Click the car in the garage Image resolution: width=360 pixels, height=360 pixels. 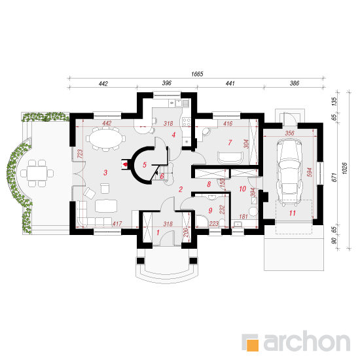pyautogui.click(x=289, y=172)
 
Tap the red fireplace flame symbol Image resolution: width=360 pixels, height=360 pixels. pyautogui.click(x=126, y=164)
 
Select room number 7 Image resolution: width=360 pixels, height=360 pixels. pyautogui.click(x=230, y=143)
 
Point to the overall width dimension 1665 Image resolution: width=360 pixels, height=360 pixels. pyautogui.click(x=197, y=74)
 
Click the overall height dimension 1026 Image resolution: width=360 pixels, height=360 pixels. pyautogui.click(x=344, y=168)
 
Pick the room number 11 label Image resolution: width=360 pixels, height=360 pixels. pyautogui.click(x=293, y=213)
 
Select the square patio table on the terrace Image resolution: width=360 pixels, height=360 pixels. pyautogui.click(x=37, y=173)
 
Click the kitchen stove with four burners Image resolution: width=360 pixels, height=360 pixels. pyautogui.click(x=187, y=122)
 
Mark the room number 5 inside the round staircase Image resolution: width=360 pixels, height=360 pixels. pyautogui.click(x=145, y=164)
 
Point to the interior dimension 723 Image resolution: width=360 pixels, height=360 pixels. pyautogui.click(x=80, y=154)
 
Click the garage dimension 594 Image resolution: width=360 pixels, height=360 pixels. pyautogui.click(x=310, y=172)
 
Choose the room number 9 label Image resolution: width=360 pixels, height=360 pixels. pyautogui.click(x=210, y=210)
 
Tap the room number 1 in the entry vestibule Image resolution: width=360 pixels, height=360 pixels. pyautogui.click(x=158, y=232)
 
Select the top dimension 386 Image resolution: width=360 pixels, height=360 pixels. pyautogui.click(x=295, y=83)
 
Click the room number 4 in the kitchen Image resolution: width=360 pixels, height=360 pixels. pyautogui.click(x=173, y=135)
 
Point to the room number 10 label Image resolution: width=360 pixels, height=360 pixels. pyautogui.click(x=242, y=189)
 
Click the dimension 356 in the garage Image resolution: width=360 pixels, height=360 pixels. pyautogui.click(x=289, y=133)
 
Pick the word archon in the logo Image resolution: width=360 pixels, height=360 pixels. pyautogui.click(x=307, y=342)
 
